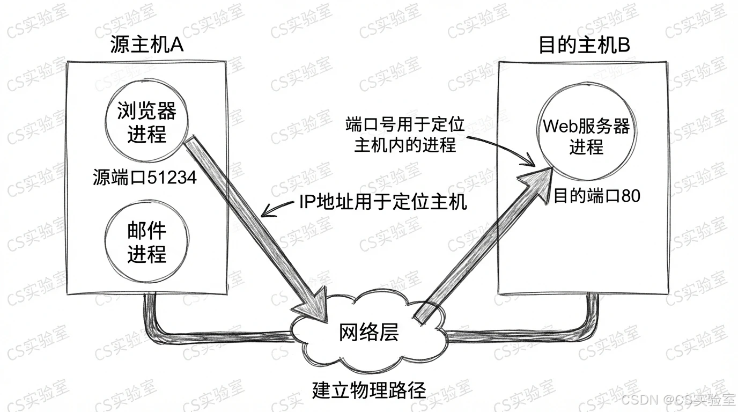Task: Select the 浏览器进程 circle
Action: (146, 123)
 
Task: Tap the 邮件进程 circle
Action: (146, 242)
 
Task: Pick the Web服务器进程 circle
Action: (586, 136)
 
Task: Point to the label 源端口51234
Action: (144, 178)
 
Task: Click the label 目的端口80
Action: (596, 196)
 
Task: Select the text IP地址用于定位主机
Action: (382, 203)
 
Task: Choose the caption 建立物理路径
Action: (369, 389)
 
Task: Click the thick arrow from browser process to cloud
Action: (257, 225)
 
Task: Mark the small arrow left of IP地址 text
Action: (276, 209)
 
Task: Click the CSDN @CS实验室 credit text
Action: (679, 400)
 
